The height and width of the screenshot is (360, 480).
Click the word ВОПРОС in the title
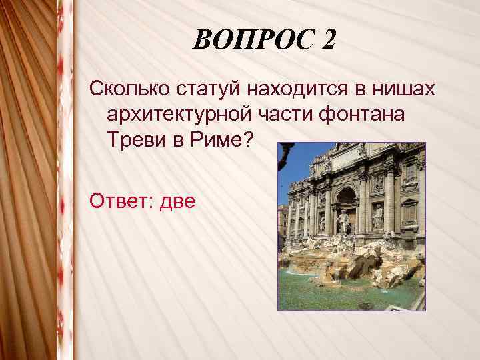(251, 42)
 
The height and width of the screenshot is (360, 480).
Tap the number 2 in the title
(327, 42)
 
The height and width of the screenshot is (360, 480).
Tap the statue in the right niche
(378, 217)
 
